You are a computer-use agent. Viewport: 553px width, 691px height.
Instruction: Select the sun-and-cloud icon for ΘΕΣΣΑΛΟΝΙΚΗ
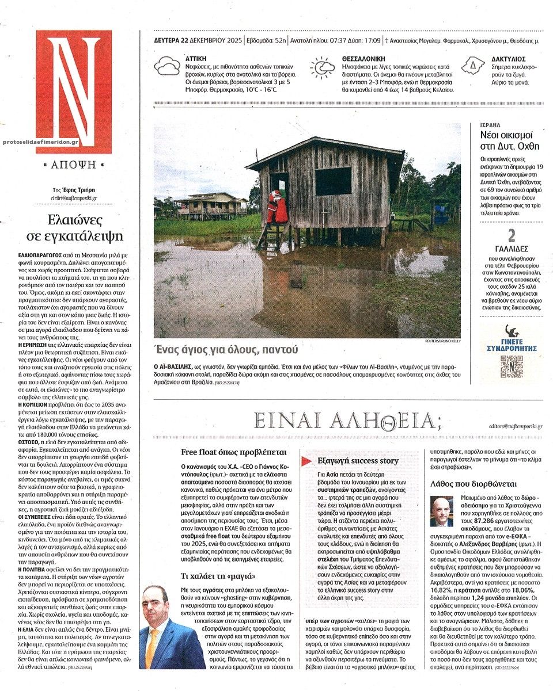tap(321, 67)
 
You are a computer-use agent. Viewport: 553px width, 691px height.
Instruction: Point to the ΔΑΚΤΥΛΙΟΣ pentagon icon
tap(473, 66)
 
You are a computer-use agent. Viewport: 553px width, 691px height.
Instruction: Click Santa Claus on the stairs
tap(278, 207)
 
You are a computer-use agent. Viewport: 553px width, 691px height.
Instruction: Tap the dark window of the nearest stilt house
tap(333, 181)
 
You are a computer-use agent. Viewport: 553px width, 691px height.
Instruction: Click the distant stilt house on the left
tap(211, 205)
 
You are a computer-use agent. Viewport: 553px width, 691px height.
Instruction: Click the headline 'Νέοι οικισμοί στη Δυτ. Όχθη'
tap(510, 140)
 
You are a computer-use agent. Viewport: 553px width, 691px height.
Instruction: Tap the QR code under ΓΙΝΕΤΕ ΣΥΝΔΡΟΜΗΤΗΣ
tap(510, 367)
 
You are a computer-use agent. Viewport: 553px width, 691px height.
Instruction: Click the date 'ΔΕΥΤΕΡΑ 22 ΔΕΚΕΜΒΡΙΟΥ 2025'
tap(194, 41)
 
